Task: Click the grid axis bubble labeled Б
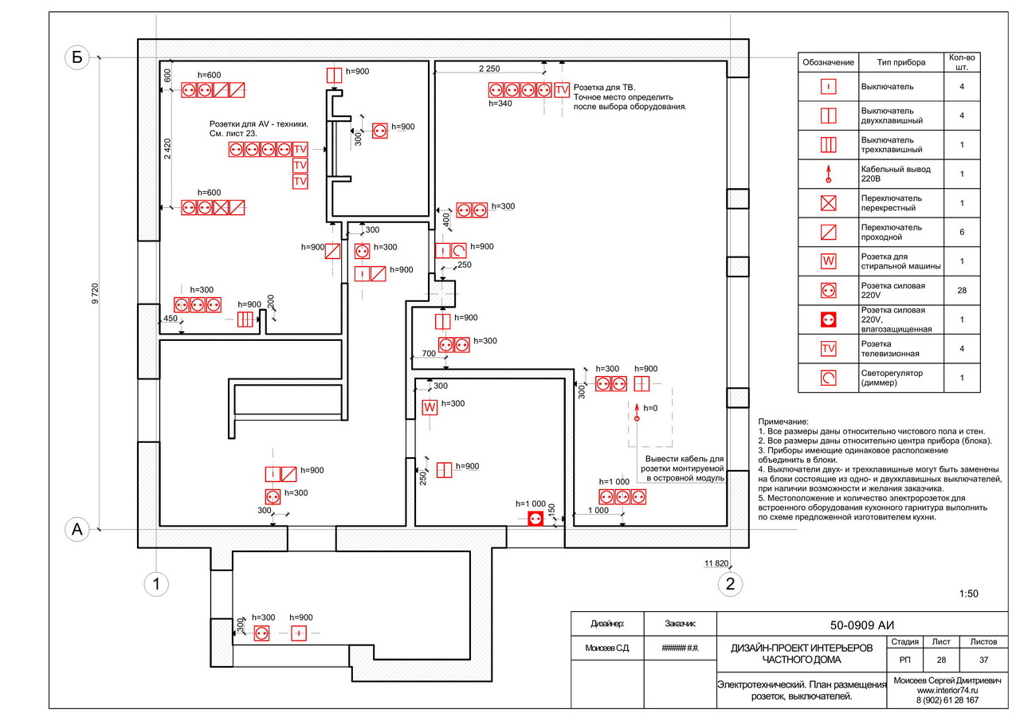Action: (76, 57)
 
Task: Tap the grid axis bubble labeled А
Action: (76, 531)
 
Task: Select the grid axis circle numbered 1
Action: (157, 585)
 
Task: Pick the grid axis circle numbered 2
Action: (730, 585)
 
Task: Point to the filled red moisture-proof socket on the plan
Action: (535, 519)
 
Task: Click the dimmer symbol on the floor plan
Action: (459, 251)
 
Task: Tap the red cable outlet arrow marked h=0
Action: (637, 412)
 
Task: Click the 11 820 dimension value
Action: (716, 564)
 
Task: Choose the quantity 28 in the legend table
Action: (962, 291)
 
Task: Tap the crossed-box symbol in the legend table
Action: (829, 202)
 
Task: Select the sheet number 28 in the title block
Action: (941, 660)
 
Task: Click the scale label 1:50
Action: (968, 594)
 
